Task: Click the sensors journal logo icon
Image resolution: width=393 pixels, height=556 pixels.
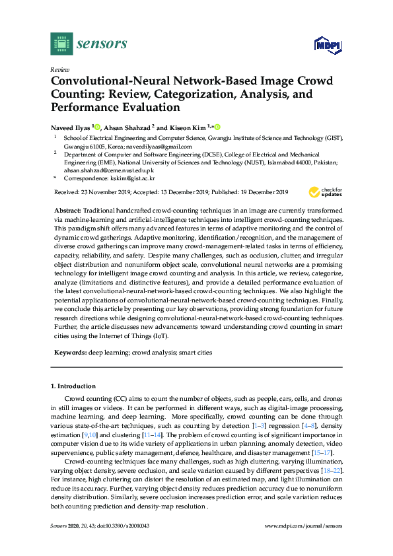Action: (61, 44)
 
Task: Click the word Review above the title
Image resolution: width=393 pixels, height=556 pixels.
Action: (60, 69)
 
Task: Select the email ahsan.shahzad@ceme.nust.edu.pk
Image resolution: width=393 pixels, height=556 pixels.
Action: (101, 170)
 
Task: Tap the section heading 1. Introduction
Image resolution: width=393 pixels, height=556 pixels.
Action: (73, 386)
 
